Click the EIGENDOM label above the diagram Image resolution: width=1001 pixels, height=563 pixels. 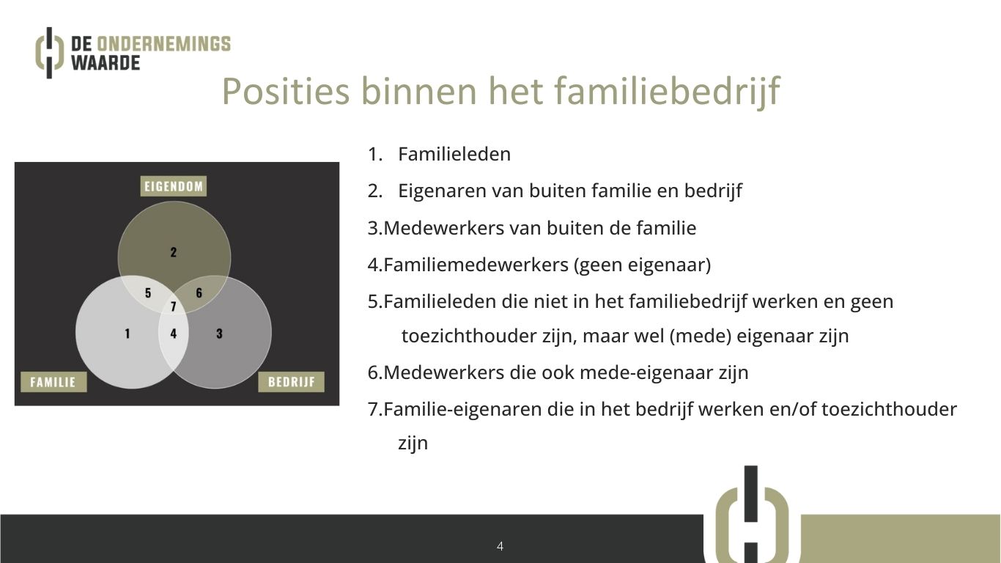(x=174, y=186)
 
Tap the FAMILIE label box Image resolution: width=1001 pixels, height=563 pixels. (x=53, y=382)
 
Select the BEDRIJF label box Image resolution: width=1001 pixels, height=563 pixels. (x=292, y=382)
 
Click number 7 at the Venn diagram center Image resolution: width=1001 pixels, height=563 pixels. (x=174, y=306)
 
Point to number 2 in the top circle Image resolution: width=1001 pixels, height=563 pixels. (x=174, y=253)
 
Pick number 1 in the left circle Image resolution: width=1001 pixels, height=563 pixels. (x=128, y=334)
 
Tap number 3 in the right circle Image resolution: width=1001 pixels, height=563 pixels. (x=219, y=334)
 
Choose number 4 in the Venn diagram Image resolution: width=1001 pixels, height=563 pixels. (x=174, y=334)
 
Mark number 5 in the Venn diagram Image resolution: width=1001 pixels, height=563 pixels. (x=148, y=293)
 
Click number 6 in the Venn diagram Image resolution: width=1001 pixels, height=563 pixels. (x=199, y=293)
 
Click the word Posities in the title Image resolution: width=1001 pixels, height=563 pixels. (x=286, y=91)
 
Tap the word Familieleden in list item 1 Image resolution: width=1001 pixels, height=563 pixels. (x=454, y=154)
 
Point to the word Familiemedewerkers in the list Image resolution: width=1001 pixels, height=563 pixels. (x=476, y=265)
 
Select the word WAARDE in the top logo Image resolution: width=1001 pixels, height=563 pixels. (x=106, y=63)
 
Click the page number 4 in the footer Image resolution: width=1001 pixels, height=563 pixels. (x=500, y=546)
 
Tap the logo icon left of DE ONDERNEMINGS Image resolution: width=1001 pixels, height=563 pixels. (x=49, y=53)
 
